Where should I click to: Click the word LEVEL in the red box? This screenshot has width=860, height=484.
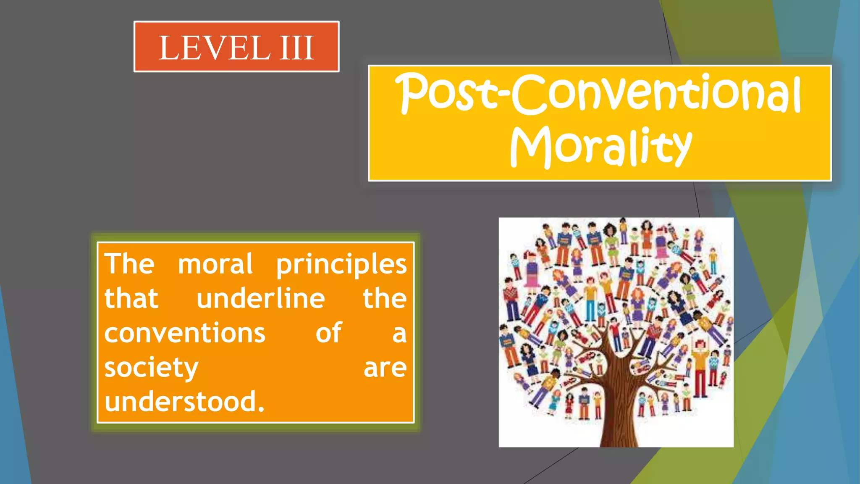tap(214, 48)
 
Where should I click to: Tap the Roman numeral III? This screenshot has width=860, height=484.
tap(297, 48)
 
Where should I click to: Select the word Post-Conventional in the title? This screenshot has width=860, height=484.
tap(598, 93)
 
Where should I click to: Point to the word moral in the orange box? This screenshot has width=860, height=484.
tap(215, 264)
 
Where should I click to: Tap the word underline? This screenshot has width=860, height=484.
tap(260, 299)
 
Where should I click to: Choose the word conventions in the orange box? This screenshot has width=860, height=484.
tap(185, 333)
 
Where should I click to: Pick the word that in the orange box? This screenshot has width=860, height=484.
tap(131, 299)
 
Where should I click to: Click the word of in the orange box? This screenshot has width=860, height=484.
tap(328, 333)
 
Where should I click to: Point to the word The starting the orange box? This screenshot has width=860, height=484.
tap(129, 264)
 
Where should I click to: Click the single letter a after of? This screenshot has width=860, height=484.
tap(399, 334)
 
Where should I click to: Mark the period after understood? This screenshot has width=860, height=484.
tap(261, 409)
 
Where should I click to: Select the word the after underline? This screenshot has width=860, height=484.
tap(384, 299)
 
